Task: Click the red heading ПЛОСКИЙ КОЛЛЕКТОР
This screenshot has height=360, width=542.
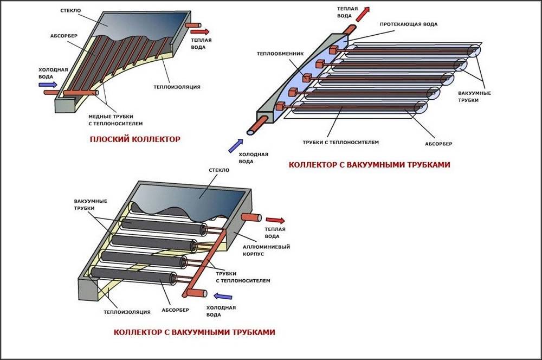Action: click(135, 139)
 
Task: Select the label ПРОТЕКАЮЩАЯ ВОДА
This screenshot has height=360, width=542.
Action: click(409, 24)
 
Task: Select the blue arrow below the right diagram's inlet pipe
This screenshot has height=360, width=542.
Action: click(235, 145)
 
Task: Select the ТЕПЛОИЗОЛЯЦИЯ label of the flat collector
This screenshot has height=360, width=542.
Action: click(177, 87)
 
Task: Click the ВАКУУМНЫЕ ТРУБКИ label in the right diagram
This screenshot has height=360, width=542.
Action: click(474, 97)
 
